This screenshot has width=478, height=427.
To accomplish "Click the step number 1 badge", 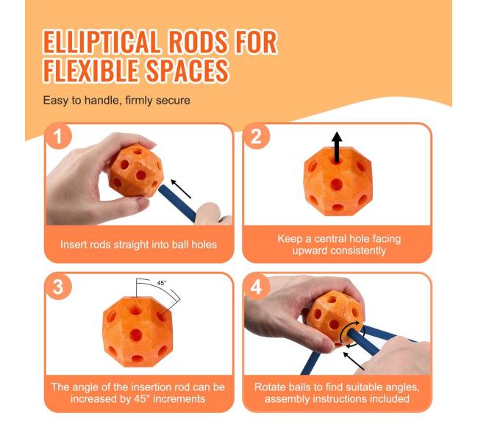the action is [x=59, y=136].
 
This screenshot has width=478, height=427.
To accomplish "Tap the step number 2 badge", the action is [x=257, y=136].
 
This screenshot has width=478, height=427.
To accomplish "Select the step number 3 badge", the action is [x=59, y=287].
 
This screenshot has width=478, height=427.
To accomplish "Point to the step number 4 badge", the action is [x=257, y=287].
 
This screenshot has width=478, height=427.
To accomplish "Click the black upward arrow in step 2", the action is [x=337, y=147].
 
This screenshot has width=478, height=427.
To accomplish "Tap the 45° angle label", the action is [x=162, y=283].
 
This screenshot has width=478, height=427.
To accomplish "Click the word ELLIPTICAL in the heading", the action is [x=101, y=42].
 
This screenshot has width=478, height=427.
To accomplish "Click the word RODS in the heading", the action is [x=198, y=42].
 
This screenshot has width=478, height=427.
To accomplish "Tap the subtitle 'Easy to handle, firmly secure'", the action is [x=116, y=100].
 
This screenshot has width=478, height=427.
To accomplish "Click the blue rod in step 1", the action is [x=177, y=204].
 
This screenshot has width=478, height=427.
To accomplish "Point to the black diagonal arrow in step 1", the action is [x=181, y=189].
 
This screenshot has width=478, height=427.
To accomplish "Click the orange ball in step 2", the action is [x=338, y=182].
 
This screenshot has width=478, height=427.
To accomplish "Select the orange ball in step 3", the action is [x=138, y=331].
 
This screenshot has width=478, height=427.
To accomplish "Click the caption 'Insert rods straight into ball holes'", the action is [x=139, y=245].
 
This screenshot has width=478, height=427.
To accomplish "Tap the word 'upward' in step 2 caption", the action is [x=310, y=251].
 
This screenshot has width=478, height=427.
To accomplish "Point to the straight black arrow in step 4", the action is [x=354, y=361].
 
